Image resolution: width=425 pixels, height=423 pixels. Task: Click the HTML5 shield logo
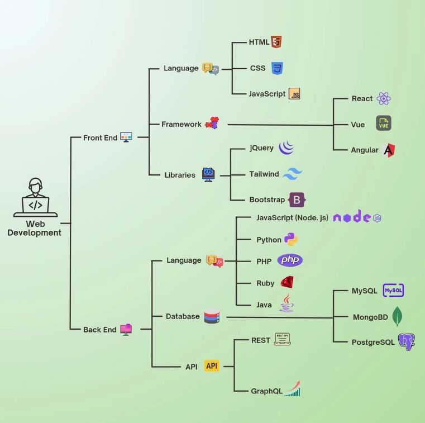coord(276,42)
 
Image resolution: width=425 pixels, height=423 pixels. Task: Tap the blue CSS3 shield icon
coord(276,68)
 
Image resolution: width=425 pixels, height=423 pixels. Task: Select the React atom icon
coord(384,99)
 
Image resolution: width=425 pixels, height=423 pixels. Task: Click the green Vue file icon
coord(384,124)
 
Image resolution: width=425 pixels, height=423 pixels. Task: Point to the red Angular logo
coord(389,150)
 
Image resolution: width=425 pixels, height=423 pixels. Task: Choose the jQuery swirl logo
coord(286,148)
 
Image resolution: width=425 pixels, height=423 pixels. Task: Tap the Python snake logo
coord(291,240)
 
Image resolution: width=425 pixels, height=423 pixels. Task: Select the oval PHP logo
coord(290,260)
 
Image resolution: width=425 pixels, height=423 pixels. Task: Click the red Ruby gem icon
coord(287,283)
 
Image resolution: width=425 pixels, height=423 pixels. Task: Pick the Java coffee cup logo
coord(286,303)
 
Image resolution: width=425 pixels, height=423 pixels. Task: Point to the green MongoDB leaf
coord(397,317)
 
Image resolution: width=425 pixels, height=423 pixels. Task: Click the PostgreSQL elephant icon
coord(407,341)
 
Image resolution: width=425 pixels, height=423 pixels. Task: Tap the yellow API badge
coord(212,366)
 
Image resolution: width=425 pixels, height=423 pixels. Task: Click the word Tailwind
coord(264,174)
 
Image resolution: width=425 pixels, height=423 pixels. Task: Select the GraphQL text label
coord(266,391)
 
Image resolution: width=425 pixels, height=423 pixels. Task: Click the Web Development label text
coord(35,229)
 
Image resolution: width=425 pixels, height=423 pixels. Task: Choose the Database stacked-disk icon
coord(212,317)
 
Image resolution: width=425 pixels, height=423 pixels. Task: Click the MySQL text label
coord(365,291)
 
